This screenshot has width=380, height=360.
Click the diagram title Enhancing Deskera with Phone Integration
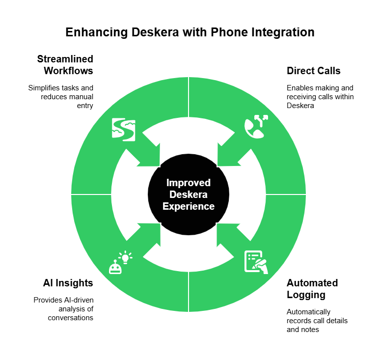pyautogui.click(x=190, y=32)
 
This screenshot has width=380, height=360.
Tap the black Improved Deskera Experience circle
pyautogui.click(x=189, y=194)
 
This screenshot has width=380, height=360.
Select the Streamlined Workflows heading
pyautogui.click(x=65, y=65)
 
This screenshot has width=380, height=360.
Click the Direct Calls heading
pyautogui.click(x=314, y=71)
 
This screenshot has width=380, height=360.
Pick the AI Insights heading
pyautogui.click(x=68, y=283)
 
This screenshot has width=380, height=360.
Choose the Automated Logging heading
pyautogui.click(x=312, y=289)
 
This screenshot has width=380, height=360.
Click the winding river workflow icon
pyautogui.click(x=124, y=130)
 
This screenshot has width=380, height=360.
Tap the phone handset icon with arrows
pyautogui.click(x=256, y=127)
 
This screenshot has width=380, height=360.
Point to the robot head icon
pyautogui.click(x=115, y=267)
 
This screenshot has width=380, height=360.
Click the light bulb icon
pyautogui.click(x=125, y=257)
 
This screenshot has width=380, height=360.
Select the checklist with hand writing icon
pyautogui.click(x=256, y=262)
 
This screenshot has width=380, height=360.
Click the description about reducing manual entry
pyautogui.click(x=60, y=97)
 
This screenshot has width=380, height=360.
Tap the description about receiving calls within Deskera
pyautogui.click(x=320, y=97)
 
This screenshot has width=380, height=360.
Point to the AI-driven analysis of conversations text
pyautogui.click(x=63, y=309)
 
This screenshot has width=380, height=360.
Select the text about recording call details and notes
pyautogui.click(x=317, y=321)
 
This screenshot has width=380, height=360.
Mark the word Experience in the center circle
pyautogui.click(x=189, y=206)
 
